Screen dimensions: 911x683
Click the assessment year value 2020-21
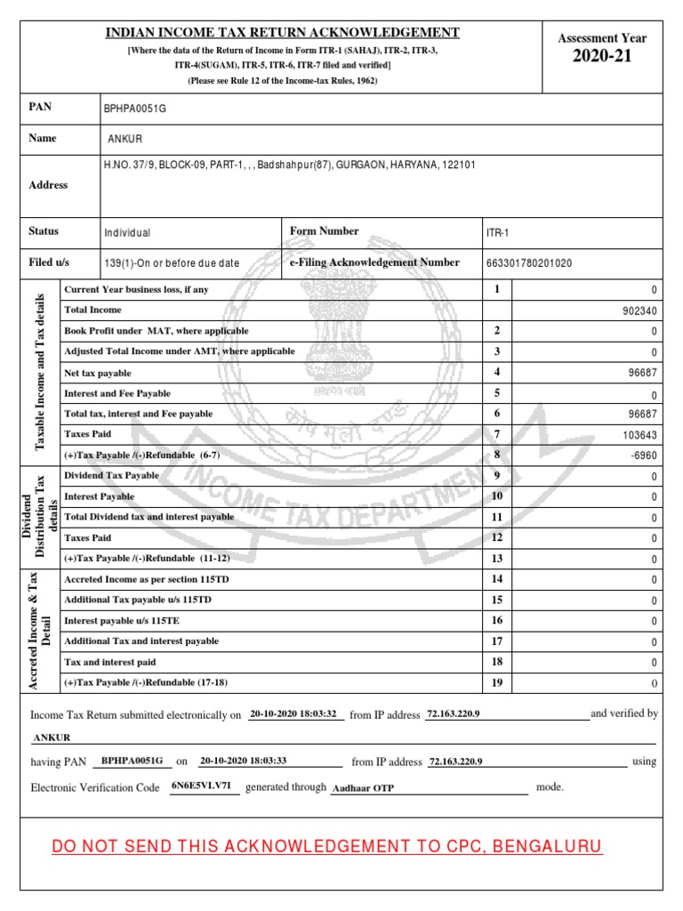pyautogui.click(x=601, y=59)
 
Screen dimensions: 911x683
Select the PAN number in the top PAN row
pyautogui.click(x=135, y=109)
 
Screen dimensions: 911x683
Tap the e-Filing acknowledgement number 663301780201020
pyautogui.click(x=528, y=263)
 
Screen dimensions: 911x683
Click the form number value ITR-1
pyautogui.click(x=495, y=232)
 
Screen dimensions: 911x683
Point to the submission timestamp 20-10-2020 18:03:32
pyautogui.click(x=292, y=714)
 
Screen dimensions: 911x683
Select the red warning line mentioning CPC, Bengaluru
pyautogui.click(x=327, y=846)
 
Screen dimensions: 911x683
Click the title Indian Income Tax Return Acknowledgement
pyautogui.click(x=283, y=33)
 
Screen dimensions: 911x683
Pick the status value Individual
pyautogui.click(x=127, y=233)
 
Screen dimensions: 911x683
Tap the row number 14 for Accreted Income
pyautogui.click(x=497, y=579)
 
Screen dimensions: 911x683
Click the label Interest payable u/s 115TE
pyautogui.click(x=122, y=620)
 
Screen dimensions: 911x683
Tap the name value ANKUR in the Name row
pyautogui.click(x=125, y=140)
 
